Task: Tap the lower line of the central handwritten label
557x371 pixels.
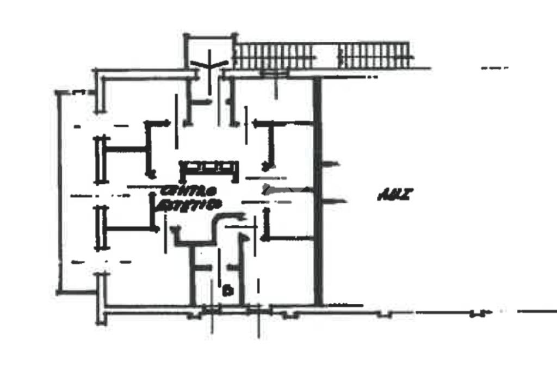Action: [x=189, y=205]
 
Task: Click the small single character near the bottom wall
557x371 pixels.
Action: [x=228, y=290]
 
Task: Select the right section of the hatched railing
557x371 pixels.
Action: [x=375, y=55]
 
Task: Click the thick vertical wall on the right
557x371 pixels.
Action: [x=318, y=190]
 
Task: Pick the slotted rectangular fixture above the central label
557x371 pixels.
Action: [x=209, y=168]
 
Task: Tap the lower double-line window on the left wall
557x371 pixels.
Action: [x=100, y=228]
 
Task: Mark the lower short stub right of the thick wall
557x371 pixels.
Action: [x=334, y=202]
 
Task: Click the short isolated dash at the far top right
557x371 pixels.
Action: [x=494, y=68]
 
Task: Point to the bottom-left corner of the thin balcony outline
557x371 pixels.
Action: [x=58, y=292]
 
